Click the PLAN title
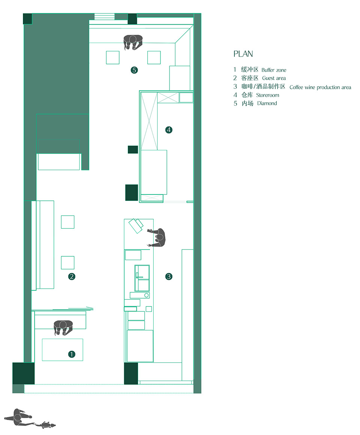pyautogui.click(x=243, y=54)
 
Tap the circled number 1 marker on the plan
pyautogui.click(x=72, y=354)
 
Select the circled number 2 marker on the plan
pyautogui.click(x=72, y=276)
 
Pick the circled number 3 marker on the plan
pyautogui.click(x=169, y=276)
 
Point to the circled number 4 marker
pyautogui.click(x=169, y=130)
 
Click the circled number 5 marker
pyautogui.click(x=134, y=70)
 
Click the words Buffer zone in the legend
pyautogui.click(x=274, y=70)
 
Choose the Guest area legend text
pyautogui.click(x=274, y=78)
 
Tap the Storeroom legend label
pyautogui.click(x=268, y=95)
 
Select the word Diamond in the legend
pyautogui.click(x=267, y=103)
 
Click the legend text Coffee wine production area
pyautogui.click(x=320, y=87)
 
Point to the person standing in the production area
pyautogui.click(x=157, y=238)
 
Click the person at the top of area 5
pyautogui.click(x=133, y=42)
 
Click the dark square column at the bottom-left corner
pyautogui.click(x=24, y=373)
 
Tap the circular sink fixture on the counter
pyautogui.click(x=146, y=295)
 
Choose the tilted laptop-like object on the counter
pyautogui.click(x=136, y=226)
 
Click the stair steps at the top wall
pyautogui.click(x=104, y=16)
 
